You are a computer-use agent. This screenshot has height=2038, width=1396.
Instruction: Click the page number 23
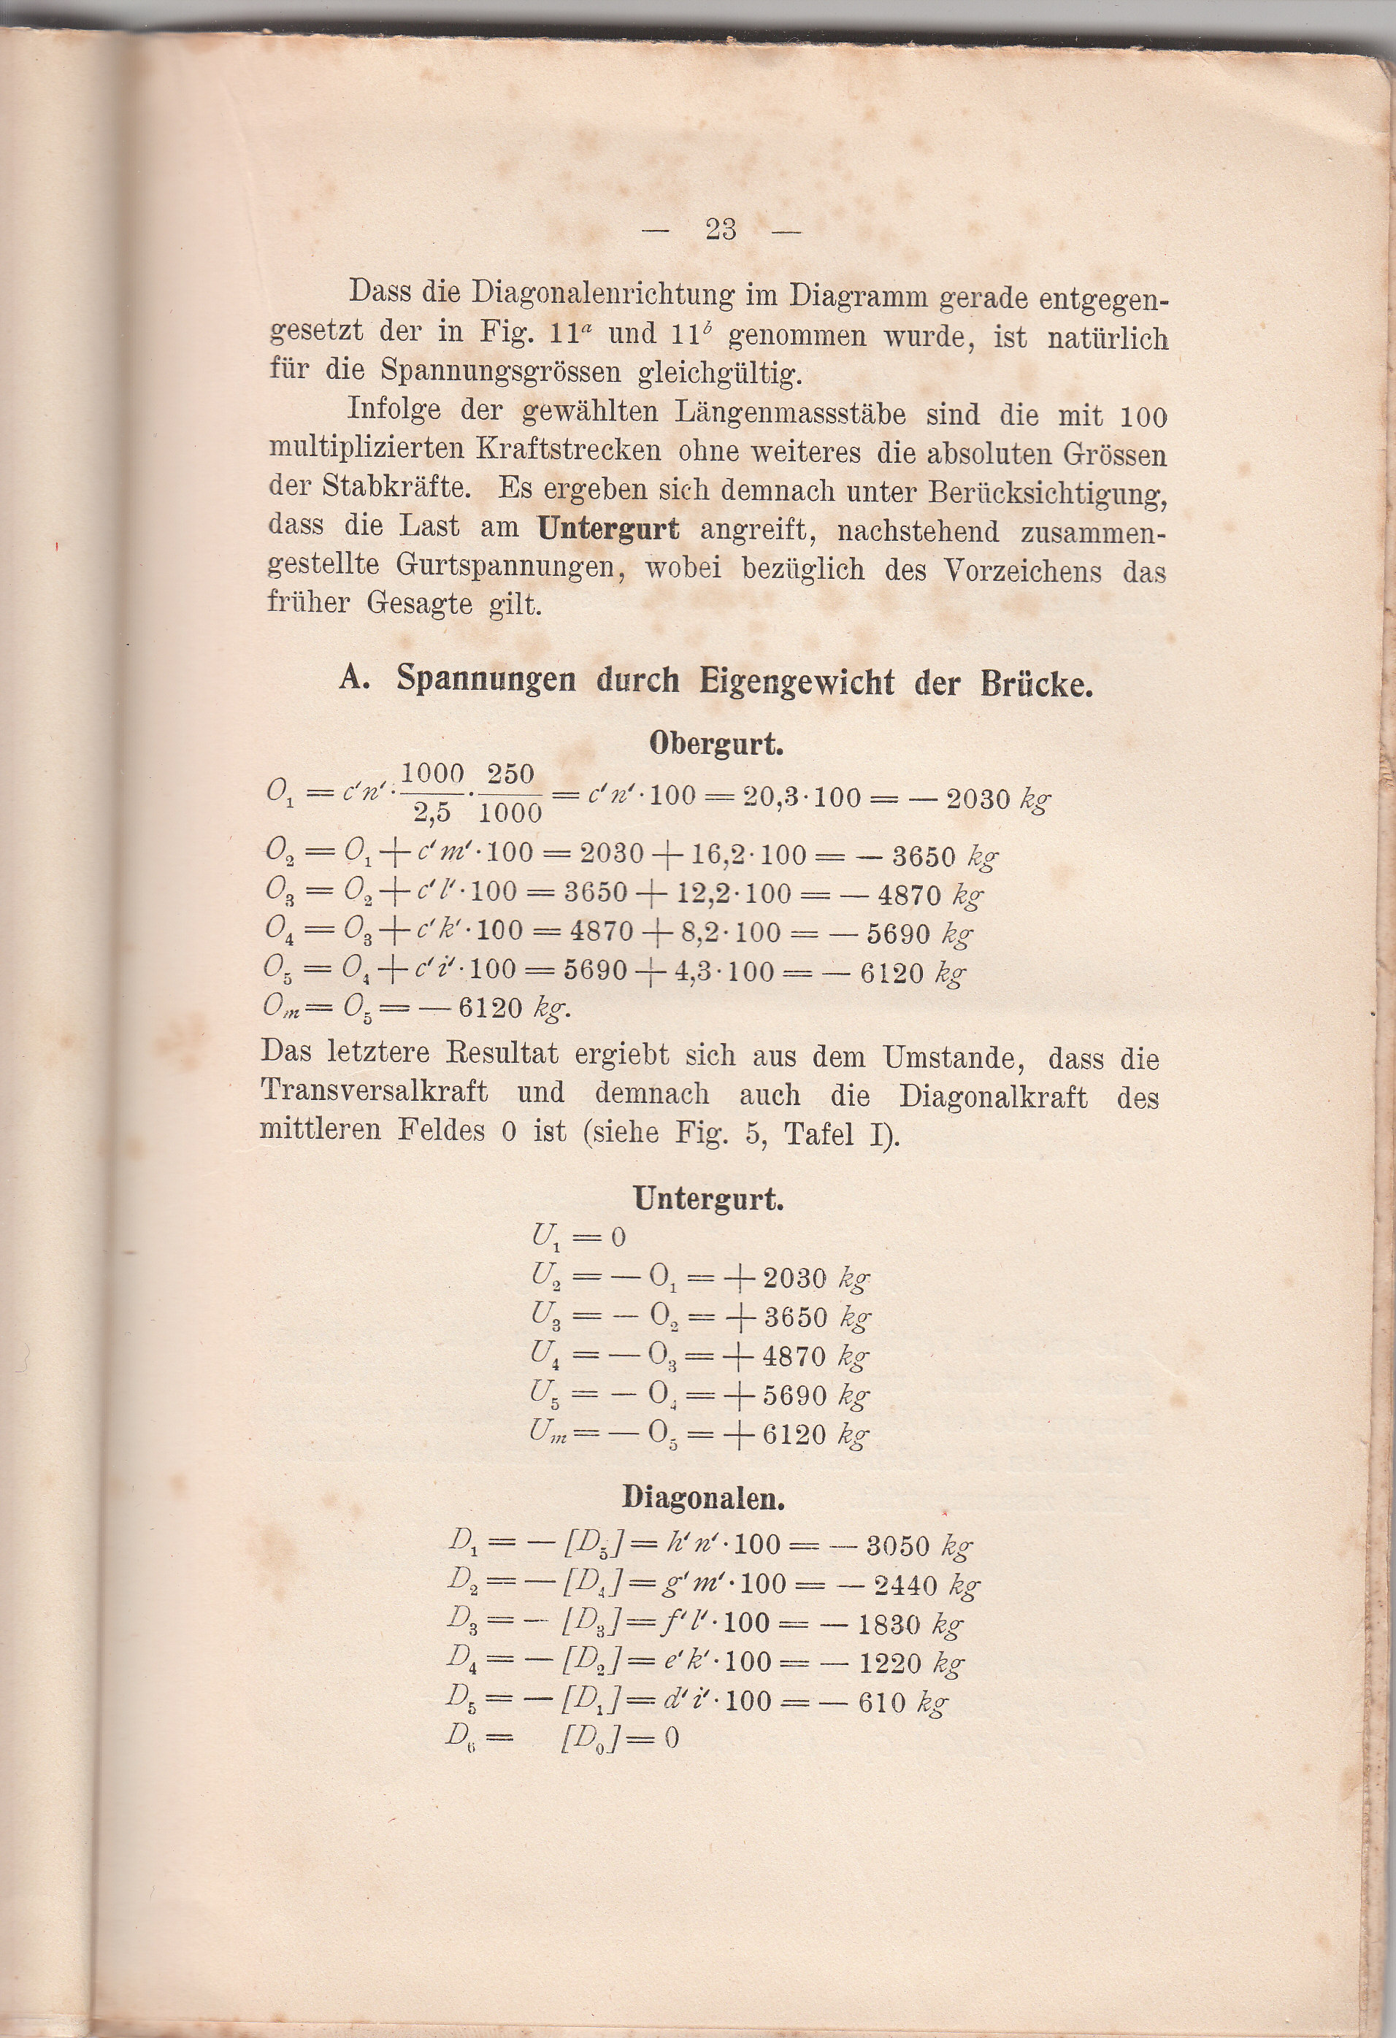720,230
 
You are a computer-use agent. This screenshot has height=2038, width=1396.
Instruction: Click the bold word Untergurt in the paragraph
608,528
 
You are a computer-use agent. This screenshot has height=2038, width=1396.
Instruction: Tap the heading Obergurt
716,744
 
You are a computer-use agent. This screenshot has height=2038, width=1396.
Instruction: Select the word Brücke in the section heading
1037,683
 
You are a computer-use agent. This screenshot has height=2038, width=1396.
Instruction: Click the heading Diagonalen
703,1498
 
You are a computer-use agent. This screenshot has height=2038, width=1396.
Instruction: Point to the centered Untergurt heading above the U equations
708,1199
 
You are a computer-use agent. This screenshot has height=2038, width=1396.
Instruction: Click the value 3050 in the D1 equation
898,1545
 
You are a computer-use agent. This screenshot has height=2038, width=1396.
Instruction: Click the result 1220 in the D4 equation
890,1664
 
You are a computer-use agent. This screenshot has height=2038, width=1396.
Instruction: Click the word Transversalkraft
374,1091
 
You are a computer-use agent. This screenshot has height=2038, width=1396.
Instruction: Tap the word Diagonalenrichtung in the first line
603,293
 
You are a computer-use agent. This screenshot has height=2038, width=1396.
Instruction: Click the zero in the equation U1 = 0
618,1237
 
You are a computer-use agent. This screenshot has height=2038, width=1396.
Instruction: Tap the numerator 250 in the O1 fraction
510,774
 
